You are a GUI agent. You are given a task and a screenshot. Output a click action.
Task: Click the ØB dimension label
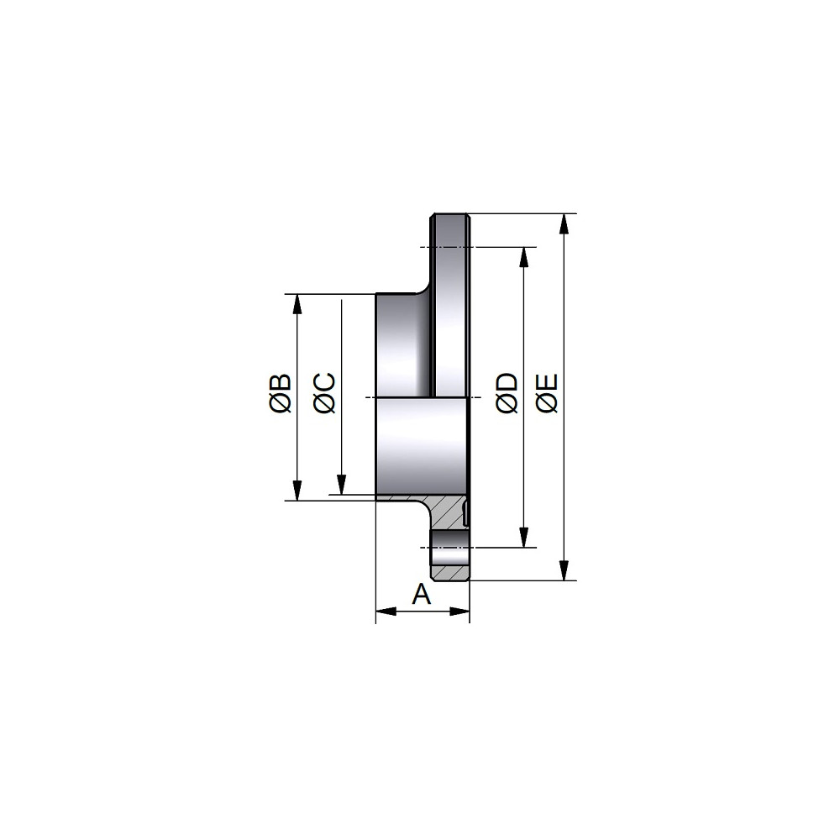coord(281,393)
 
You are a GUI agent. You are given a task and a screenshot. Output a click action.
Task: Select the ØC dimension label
coord(324,392)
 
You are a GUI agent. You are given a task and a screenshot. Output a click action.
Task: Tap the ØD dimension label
coord(507,393)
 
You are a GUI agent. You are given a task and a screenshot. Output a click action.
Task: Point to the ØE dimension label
coord(547,393)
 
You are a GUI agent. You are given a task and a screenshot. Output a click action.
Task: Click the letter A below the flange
coord(422,594)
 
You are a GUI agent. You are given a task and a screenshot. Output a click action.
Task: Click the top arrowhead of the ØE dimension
coord(564,224)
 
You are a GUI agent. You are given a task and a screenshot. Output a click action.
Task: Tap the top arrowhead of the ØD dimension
coord(524,257)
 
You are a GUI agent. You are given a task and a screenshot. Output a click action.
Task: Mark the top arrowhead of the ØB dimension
coord(297,304)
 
